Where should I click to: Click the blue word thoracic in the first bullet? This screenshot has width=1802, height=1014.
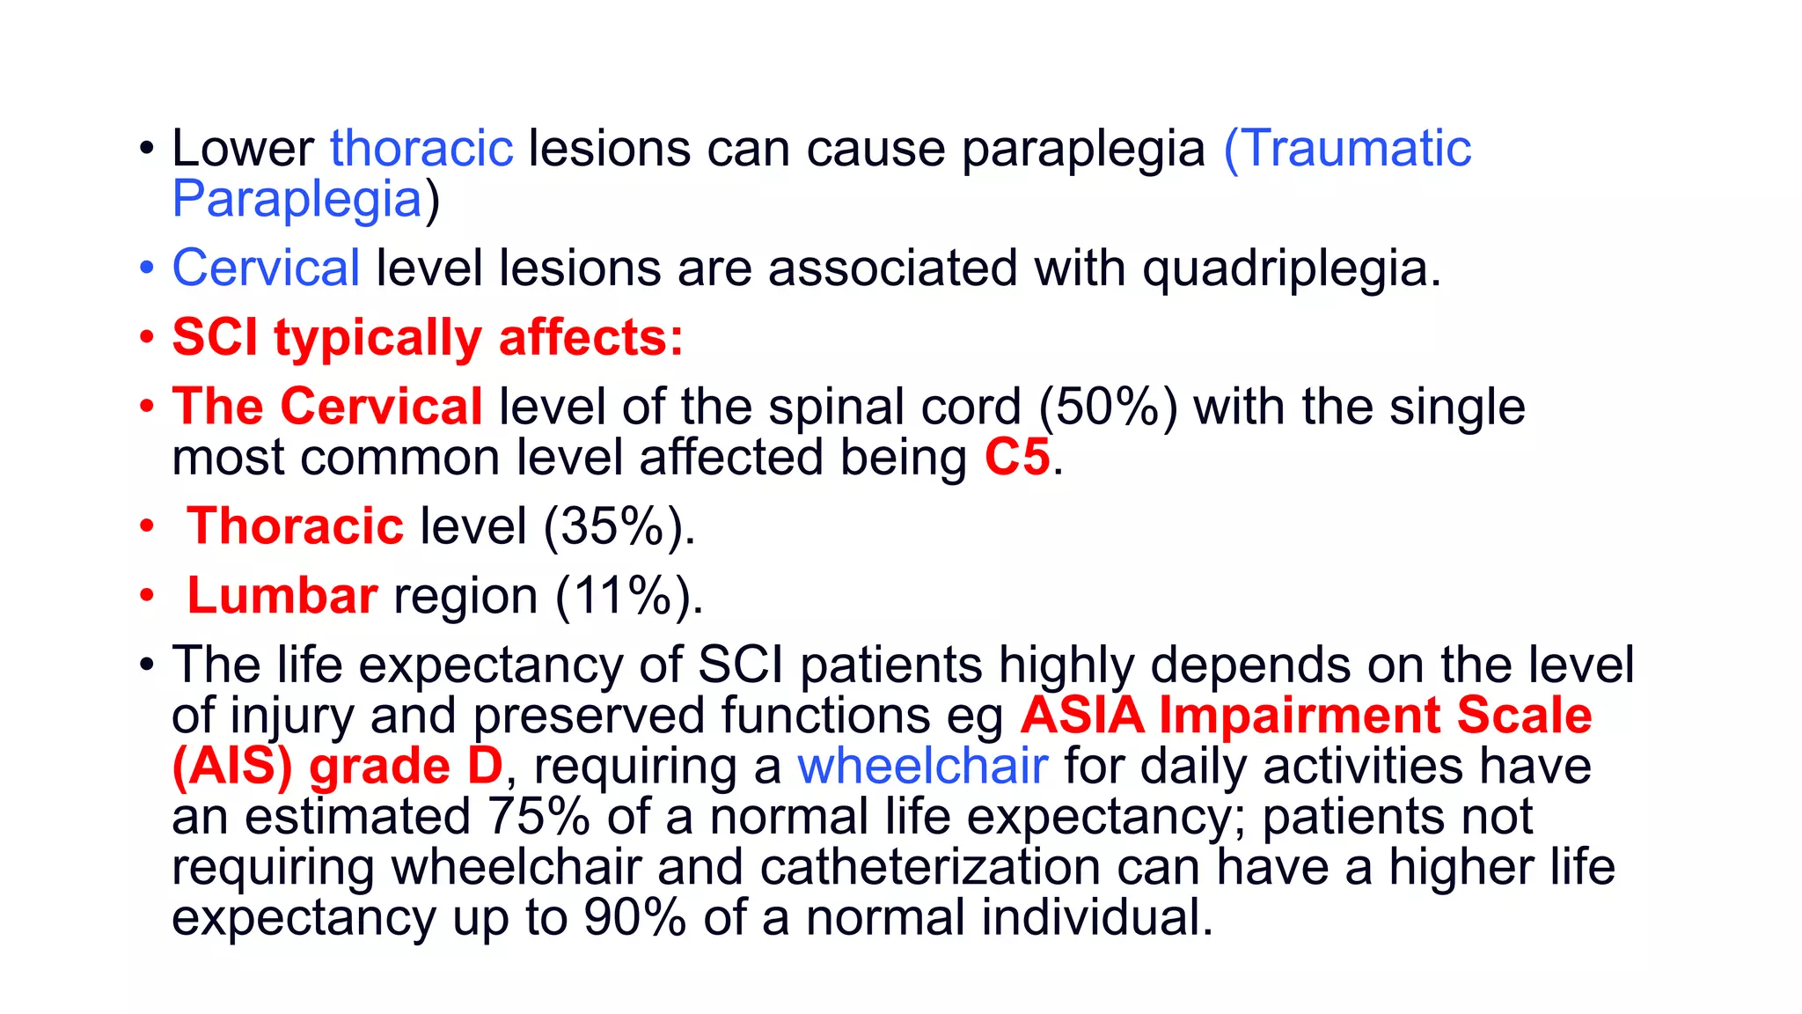click(x=421, y=148)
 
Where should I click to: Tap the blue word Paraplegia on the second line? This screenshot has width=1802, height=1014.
click(x=297, y=200)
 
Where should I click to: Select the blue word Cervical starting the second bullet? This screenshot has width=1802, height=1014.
click(x=266, y=268)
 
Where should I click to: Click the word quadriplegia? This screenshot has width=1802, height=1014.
click(x=1290, y=269)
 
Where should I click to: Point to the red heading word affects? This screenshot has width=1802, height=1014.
click(x=591, y=338)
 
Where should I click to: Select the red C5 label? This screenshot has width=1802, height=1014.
click(x=1017, y=458)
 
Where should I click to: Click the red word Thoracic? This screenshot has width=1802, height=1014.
click(x=296, y=526)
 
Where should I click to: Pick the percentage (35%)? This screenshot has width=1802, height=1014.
click(x=619, y=527)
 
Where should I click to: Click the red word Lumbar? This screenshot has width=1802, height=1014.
click(x=282, y=596)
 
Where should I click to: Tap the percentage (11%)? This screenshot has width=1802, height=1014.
click(x=628, y=597)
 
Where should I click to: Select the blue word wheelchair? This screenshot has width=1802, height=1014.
click(x=922, y=766)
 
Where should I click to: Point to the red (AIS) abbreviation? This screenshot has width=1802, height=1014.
click(x=232, y=766)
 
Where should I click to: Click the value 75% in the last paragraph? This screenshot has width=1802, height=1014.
click(x=538, y=817)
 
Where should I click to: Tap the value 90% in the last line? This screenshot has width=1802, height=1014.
click(x=634, y=917)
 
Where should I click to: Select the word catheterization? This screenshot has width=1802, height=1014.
click(x=930, y=868)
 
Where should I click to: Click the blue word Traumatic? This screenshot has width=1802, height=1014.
click(x=1348, y=148)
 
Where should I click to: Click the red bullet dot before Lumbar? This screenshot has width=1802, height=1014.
click(x=147, y=596)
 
